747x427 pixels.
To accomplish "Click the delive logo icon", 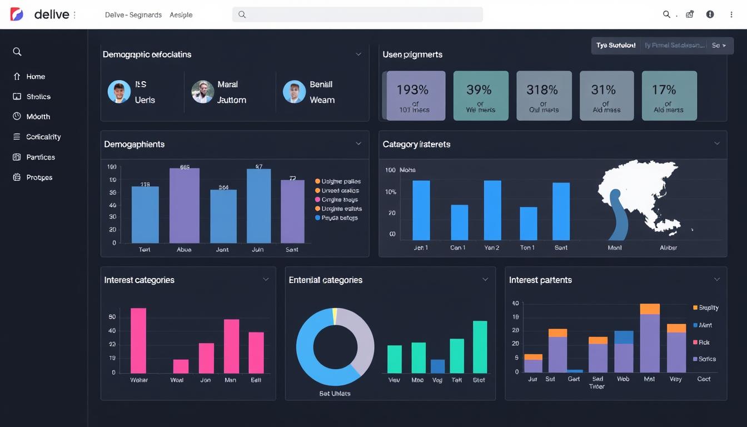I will pyautogui.click(x=17, y=14).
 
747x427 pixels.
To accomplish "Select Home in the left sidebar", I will pyautogui.click(x=36, y=77).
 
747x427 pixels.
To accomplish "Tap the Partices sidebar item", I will pyautogui.click(x=40, y=157).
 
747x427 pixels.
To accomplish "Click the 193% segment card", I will pyautogui.click(x=415, y=95).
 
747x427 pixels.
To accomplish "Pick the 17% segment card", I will pyautogui.click(x=669, y=95).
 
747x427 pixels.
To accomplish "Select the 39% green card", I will pyautogui.click(x=480, y=95).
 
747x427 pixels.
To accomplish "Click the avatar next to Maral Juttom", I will pyautogui.click(x=203, y=92).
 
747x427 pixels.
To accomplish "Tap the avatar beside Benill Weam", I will pyautogui.click(x=294, y=92).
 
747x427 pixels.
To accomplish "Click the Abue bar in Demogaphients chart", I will pyautogui.click(x=184, y=206).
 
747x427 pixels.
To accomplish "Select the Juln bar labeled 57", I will pyautogui.click(x=258, y=206).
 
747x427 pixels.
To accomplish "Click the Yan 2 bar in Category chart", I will pyautogui.click(x=492, y=210).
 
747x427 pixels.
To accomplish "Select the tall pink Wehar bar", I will pyautogui.click(x=138, y=340).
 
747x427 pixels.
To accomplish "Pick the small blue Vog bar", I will pyautogui.click(x=437, y=366).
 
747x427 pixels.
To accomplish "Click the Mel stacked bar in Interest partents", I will pyautogui.click(x=649, y=339).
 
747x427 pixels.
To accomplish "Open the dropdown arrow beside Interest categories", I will pyautogui.click(x=266, y=280).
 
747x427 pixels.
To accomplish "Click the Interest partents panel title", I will pyautogui.click(x=540, y=280).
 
